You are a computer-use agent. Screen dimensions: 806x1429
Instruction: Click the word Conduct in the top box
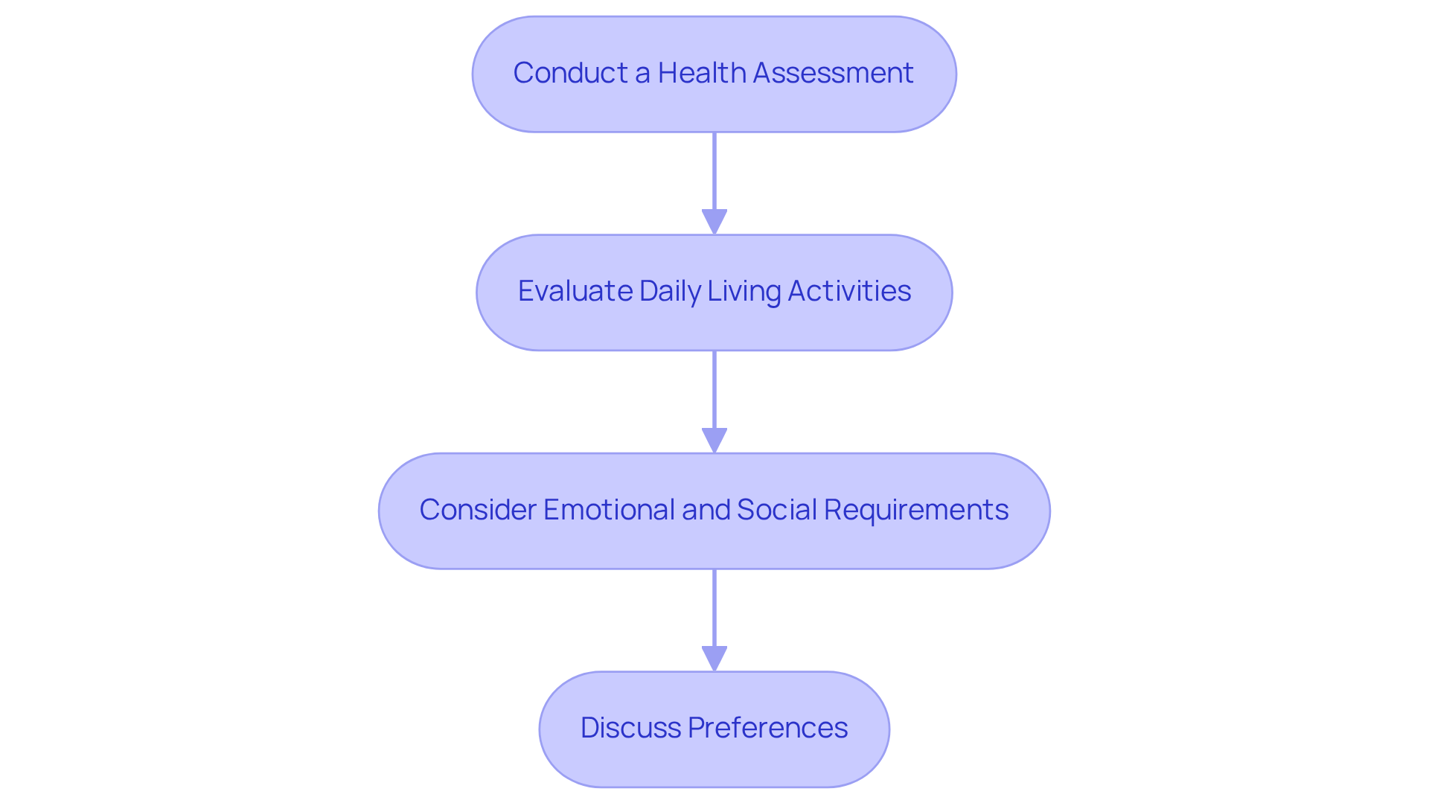pyautogui.click(x=570, y=73)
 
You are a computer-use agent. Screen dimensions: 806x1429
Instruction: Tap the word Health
pyautogui.click(x=701, y=73)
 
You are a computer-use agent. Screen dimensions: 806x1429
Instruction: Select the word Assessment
pyautogui.click(x=834, y=73)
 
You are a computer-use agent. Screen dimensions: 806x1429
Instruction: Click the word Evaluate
pyautogui.click(x=575, y=291)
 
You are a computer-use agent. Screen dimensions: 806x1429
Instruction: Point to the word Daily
pyautogui.click(x=669, y=291)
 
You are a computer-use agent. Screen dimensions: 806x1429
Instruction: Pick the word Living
pyautogui.click(x=744, y=291)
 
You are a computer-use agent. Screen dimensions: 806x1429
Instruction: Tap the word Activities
pyautogui.click(x=848, y=291)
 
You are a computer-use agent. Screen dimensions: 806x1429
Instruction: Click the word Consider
pyautogui.click(x=477, y=510)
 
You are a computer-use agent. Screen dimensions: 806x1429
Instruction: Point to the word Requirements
pyautogui.click(x=915, y=510)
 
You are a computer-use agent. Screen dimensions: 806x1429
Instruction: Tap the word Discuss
pyautogui.click(x=630, y=728)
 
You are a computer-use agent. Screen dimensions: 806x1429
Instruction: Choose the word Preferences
pyautogui.click(x=767, y=728)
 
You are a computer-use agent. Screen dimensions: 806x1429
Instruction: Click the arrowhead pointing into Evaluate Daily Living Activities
pyautogui.click(x=714, y=222)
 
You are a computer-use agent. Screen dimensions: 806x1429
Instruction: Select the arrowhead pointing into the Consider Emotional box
pyautogui.click(x=714, y=440)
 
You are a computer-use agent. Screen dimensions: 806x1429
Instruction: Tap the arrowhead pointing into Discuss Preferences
pyautogui.click(x=714, y=658)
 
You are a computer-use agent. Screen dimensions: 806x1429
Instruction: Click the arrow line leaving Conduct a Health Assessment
pyautogui.click(x=714, y=171)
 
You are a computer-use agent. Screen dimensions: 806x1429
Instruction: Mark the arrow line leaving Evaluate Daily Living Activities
pyautogui.click(x=714, y=388)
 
